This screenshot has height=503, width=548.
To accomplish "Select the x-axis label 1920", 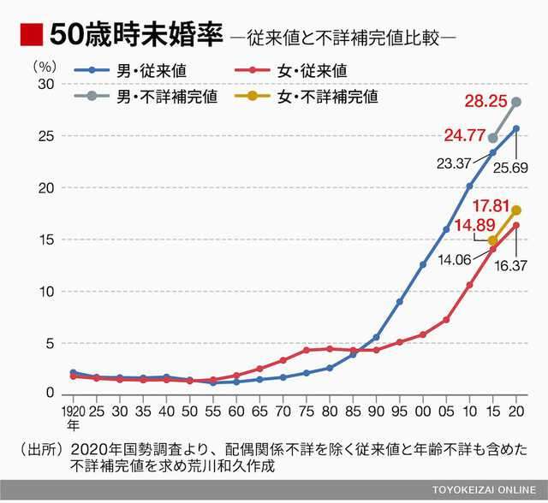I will (71, 411).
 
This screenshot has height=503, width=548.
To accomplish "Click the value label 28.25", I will (485, 102).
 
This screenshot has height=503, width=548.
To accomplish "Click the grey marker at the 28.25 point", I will (516, 102).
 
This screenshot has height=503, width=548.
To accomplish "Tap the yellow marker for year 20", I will (516, 210).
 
